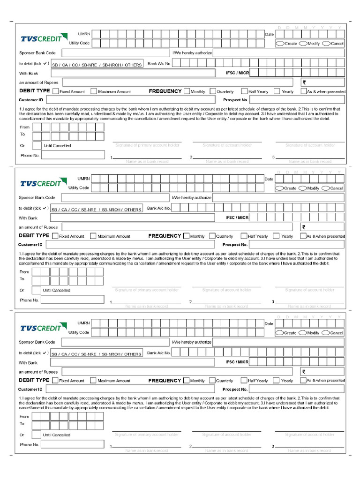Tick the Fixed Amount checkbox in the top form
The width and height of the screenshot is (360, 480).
(56, 91)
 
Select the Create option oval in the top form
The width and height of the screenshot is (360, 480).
(280, 43)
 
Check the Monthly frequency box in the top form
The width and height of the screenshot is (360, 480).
(187, 91)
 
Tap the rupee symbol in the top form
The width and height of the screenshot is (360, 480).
(304, 82)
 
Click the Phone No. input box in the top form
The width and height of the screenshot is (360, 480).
(73, 155)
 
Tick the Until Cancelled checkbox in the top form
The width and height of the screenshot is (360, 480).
(37, 145)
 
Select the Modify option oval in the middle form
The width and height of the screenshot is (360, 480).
(302, 188)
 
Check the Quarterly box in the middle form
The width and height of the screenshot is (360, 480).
(212, 236)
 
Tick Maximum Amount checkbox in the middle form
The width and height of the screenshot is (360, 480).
(93, 236)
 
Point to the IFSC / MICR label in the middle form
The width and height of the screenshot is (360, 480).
(237, 217)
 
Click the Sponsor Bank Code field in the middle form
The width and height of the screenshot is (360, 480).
(112, 197)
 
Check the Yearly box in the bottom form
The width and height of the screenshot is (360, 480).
(276, 381)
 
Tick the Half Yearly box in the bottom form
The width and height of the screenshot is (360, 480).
(244, 381)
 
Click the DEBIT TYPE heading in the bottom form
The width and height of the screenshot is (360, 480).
(34, 380)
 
